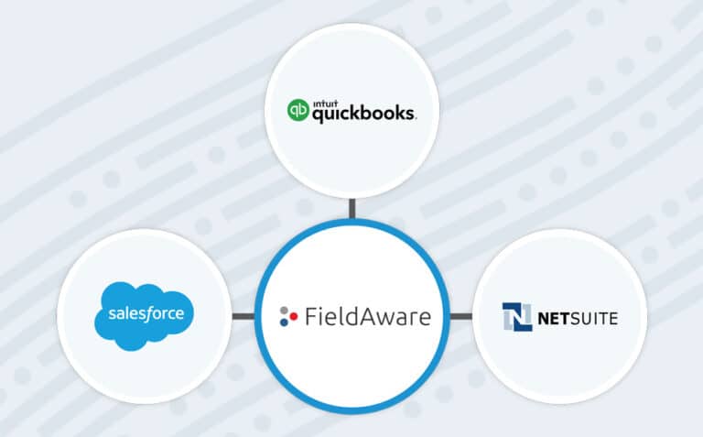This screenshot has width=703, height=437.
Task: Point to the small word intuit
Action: pyautogui.click(x=325, y=102)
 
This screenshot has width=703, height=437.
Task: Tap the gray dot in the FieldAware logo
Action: pyautogui.click(x=285, y=310)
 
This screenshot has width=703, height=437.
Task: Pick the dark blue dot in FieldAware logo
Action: pyautogui.click(x=285, y=324)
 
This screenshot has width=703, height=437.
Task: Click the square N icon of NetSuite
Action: pyautogui.click(x=516, y=317)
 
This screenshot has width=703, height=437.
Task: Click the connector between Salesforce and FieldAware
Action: pyautogui.click(x=244, y=317)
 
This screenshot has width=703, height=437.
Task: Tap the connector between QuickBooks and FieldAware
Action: pyautogui.click(x=351, y=210)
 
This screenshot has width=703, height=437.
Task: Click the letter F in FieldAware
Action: pyautogui.click(x=309, y=318)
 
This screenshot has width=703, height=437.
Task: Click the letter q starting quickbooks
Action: pyautogui.click(x=316, y=116)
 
